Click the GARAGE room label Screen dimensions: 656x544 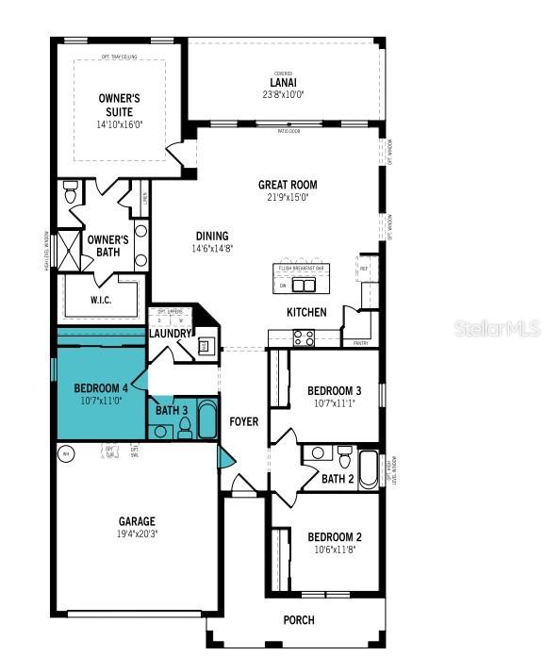137,521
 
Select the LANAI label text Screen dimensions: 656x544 284,82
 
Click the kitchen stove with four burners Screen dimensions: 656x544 305,336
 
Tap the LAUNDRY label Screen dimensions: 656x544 171,334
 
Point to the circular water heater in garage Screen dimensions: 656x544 66,454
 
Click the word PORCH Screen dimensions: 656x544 299,619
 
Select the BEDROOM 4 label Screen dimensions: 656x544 101,388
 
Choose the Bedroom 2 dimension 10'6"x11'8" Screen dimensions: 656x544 334,550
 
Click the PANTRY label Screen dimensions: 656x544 360,344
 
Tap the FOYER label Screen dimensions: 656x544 244,421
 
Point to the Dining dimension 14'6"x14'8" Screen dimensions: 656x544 213,249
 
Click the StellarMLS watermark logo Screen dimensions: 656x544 496,329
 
